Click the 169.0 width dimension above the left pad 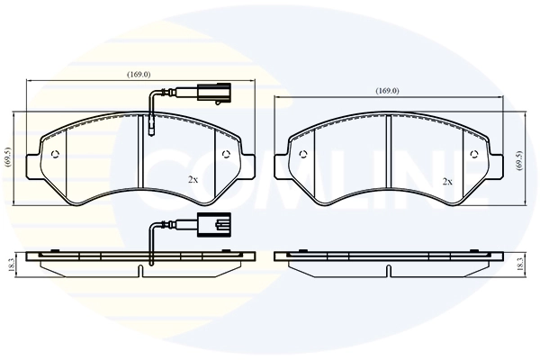tap(138, 75)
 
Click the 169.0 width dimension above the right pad tap(387, 91)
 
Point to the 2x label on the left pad tap(193, 180)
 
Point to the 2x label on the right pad tap(447, 181)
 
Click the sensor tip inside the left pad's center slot tap(151, 130)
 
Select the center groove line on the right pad tap(388, 148)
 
